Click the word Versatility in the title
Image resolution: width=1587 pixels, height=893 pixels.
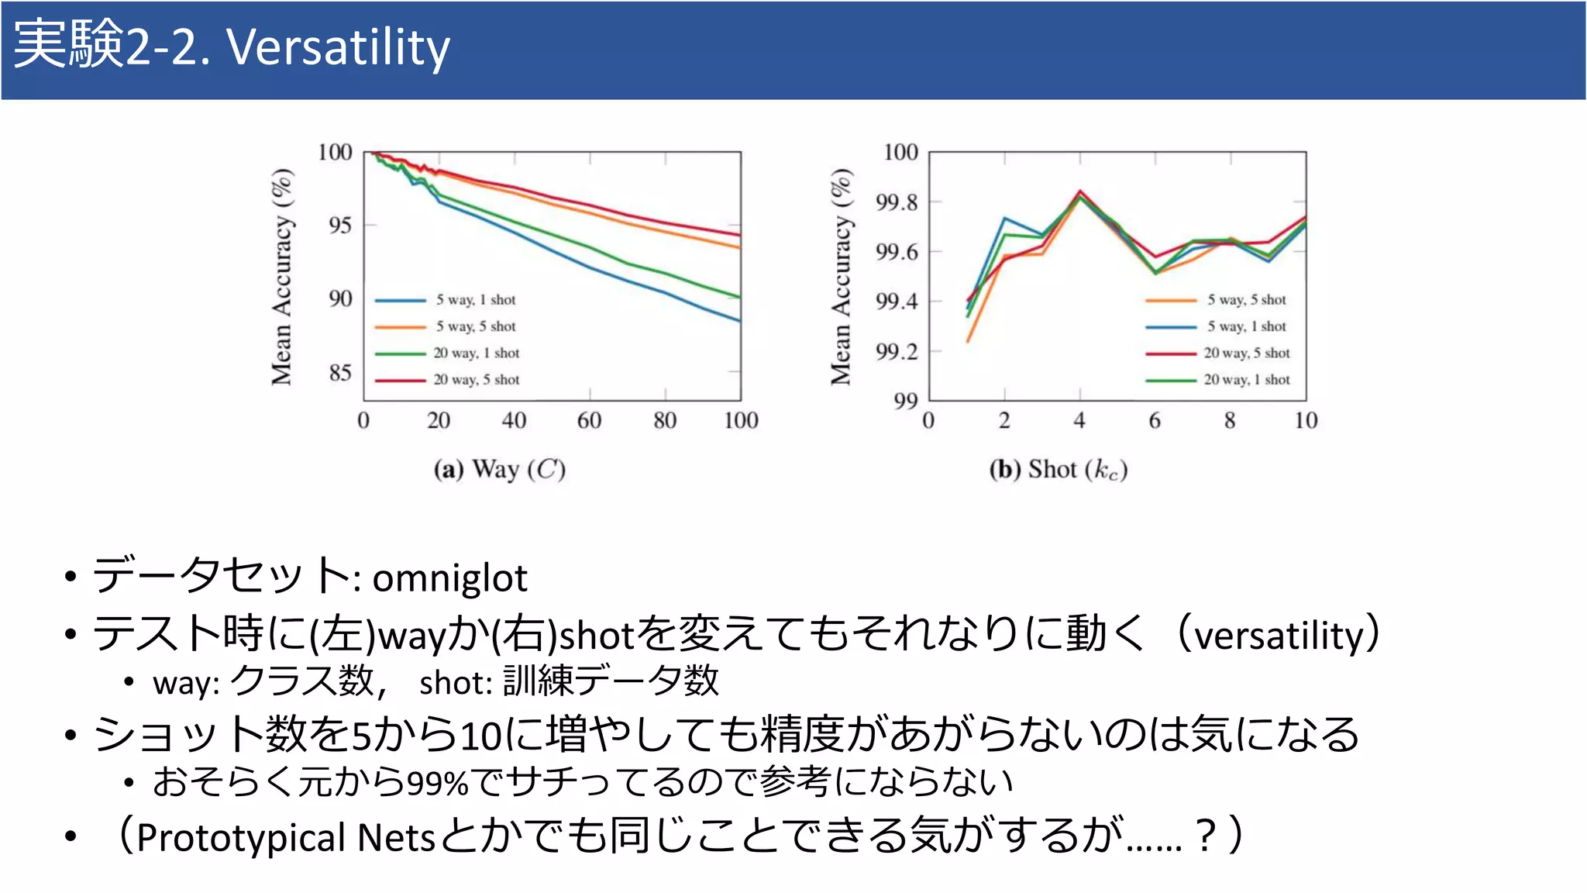click(338, 47)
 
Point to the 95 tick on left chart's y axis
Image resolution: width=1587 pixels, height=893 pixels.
click(339, 226)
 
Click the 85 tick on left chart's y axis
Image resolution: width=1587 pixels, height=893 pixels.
click(339, 373)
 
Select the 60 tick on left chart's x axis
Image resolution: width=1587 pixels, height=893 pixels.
click(589, 421)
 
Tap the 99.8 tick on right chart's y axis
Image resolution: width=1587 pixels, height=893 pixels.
click(897, 202)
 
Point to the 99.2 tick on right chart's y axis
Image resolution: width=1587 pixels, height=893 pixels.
click(897, 352)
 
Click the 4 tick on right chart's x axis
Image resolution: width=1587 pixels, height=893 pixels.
click(1079, 421)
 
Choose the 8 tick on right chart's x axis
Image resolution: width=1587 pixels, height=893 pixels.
click(1230, 421)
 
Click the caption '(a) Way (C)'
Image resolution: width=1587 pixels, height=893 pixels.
click(500, 470)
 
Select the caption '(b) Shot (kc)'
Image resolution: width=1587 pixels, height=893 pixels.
click(1059, 470)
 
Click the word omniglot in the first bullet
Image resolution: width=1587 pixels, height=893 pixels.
click(449, 578)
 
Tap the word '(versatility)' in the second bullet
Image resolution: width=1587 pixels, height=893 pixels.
click(1279, 635)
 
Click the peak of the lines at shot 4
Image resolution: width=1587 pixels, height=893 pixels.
click(1080, 191)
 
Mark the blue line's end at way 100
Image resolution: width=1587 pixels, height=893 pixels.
click(740, 320)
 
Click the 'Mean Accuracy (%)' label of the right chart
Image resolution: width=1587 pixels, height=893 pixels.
click(841, 276)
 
